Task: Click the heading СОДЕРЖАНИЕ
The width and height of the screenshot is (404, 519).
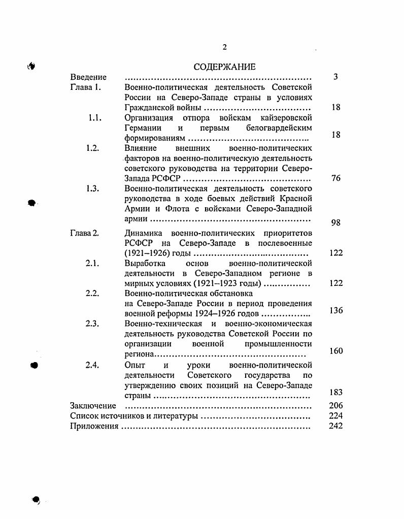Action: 225,67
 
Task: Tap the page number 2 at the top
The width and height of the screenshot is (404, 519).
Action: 225,47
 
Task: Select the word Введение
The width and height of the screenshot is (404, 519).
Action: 88,77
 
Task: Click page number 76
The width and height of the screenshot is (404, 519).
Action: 335,178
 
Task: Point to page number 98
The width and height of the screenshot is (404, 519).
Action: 335,222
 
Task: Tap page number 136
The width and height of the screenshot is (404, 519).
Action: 336,310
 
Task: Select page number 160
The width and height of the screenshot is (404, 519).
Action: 336,351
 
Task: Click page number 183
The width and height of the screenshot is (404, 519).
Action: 336,392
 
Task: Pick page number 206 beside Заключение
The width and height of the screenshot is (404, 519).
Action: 336,405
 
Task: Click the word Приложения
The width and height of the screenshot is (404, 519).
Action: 94,426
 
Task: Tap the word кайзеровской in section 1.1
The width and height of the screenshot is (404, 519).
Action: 287,118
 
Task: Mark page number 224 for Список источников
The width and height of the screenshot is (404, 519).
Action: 336,416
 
